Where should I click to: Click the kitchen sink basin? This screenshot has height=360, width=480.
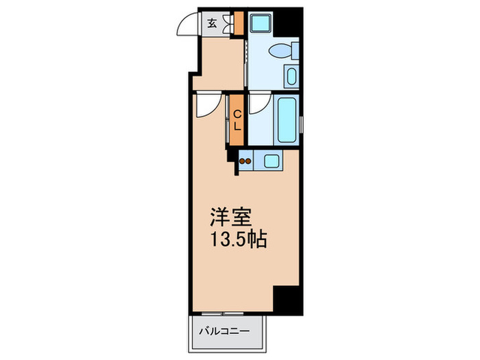(x=272, y=162)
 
